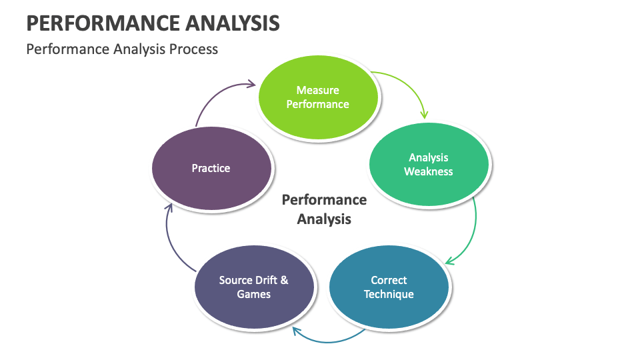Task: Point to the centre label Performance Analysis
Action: point(324,209)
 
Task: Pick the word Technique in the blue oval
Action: point(389,294)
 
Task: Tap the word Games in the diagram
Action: point(253,294)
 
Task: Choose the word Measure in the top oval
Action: point(318,90)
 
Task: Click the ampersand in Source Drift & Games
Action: point(284,280)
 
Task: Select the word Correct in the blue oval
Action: point(389,280)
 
